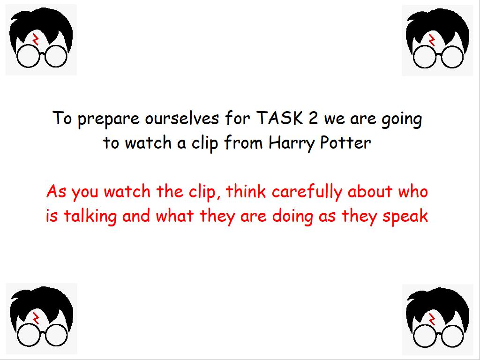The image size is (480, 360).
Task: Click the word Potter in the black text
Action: coord(345,142)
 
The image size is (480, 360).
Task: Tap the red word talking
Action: coord(90,217)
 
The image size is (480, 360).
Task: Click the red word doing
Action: coord(292,217)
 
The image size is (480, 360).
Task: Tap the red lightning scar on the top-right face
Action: coord(432,39)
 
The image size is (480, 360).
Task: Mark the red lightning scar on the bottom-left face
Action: coord(36,318)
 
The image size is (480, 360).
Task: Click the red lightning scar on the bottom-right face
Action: coord(432,319)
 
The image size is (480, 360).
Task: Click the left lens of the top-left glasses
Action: coord(17,56)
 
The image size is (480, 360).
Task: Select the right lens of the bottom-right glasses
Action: coord(464,336)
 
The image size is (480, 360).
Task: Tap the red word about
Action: coord(370,192)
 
